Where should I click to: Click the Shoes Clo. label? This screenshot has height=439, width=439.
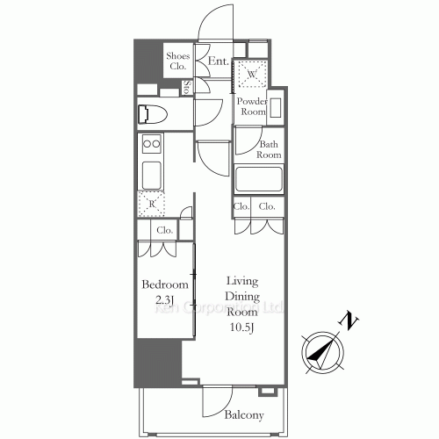point(177,61)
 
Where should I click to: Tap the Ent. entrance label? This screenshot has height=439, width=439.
point(219,62)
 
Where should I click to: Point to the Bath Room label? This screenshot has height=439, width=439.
point(269,149)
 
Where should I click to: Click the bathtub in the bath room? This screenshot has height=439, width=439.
point(258,180)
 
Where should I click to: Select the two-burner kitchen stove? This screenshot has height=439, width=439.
point(151,144)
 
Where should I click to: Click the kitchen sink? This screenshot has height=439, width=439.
point(151,172)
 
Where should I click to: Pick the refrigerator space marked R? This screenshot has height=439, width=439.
point(151,204)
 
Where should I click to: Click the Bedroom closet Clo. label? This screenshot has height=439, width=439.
point(163,230)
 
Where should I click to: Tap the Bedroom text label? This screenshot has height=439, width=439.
point(165,285)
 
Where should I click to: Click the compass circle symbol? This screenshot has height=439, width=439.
point(321,352)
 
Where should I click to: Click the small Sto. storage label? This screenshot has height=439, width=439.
point(188,87)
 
